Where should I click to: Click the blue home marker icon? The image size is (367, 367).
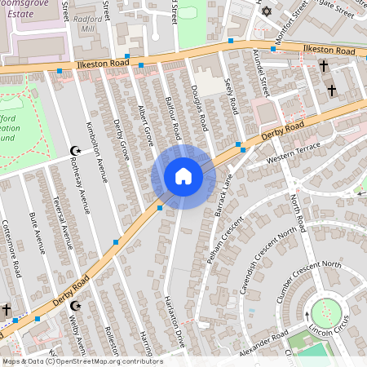point(183,176)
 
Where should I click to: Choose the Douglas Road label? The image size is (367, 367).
point(198,108)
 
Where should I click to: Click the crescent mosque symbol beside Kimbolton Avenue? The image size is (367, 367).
point(77,151)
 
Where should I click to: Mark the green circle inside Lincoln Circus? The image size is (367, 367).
point(326,312)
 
